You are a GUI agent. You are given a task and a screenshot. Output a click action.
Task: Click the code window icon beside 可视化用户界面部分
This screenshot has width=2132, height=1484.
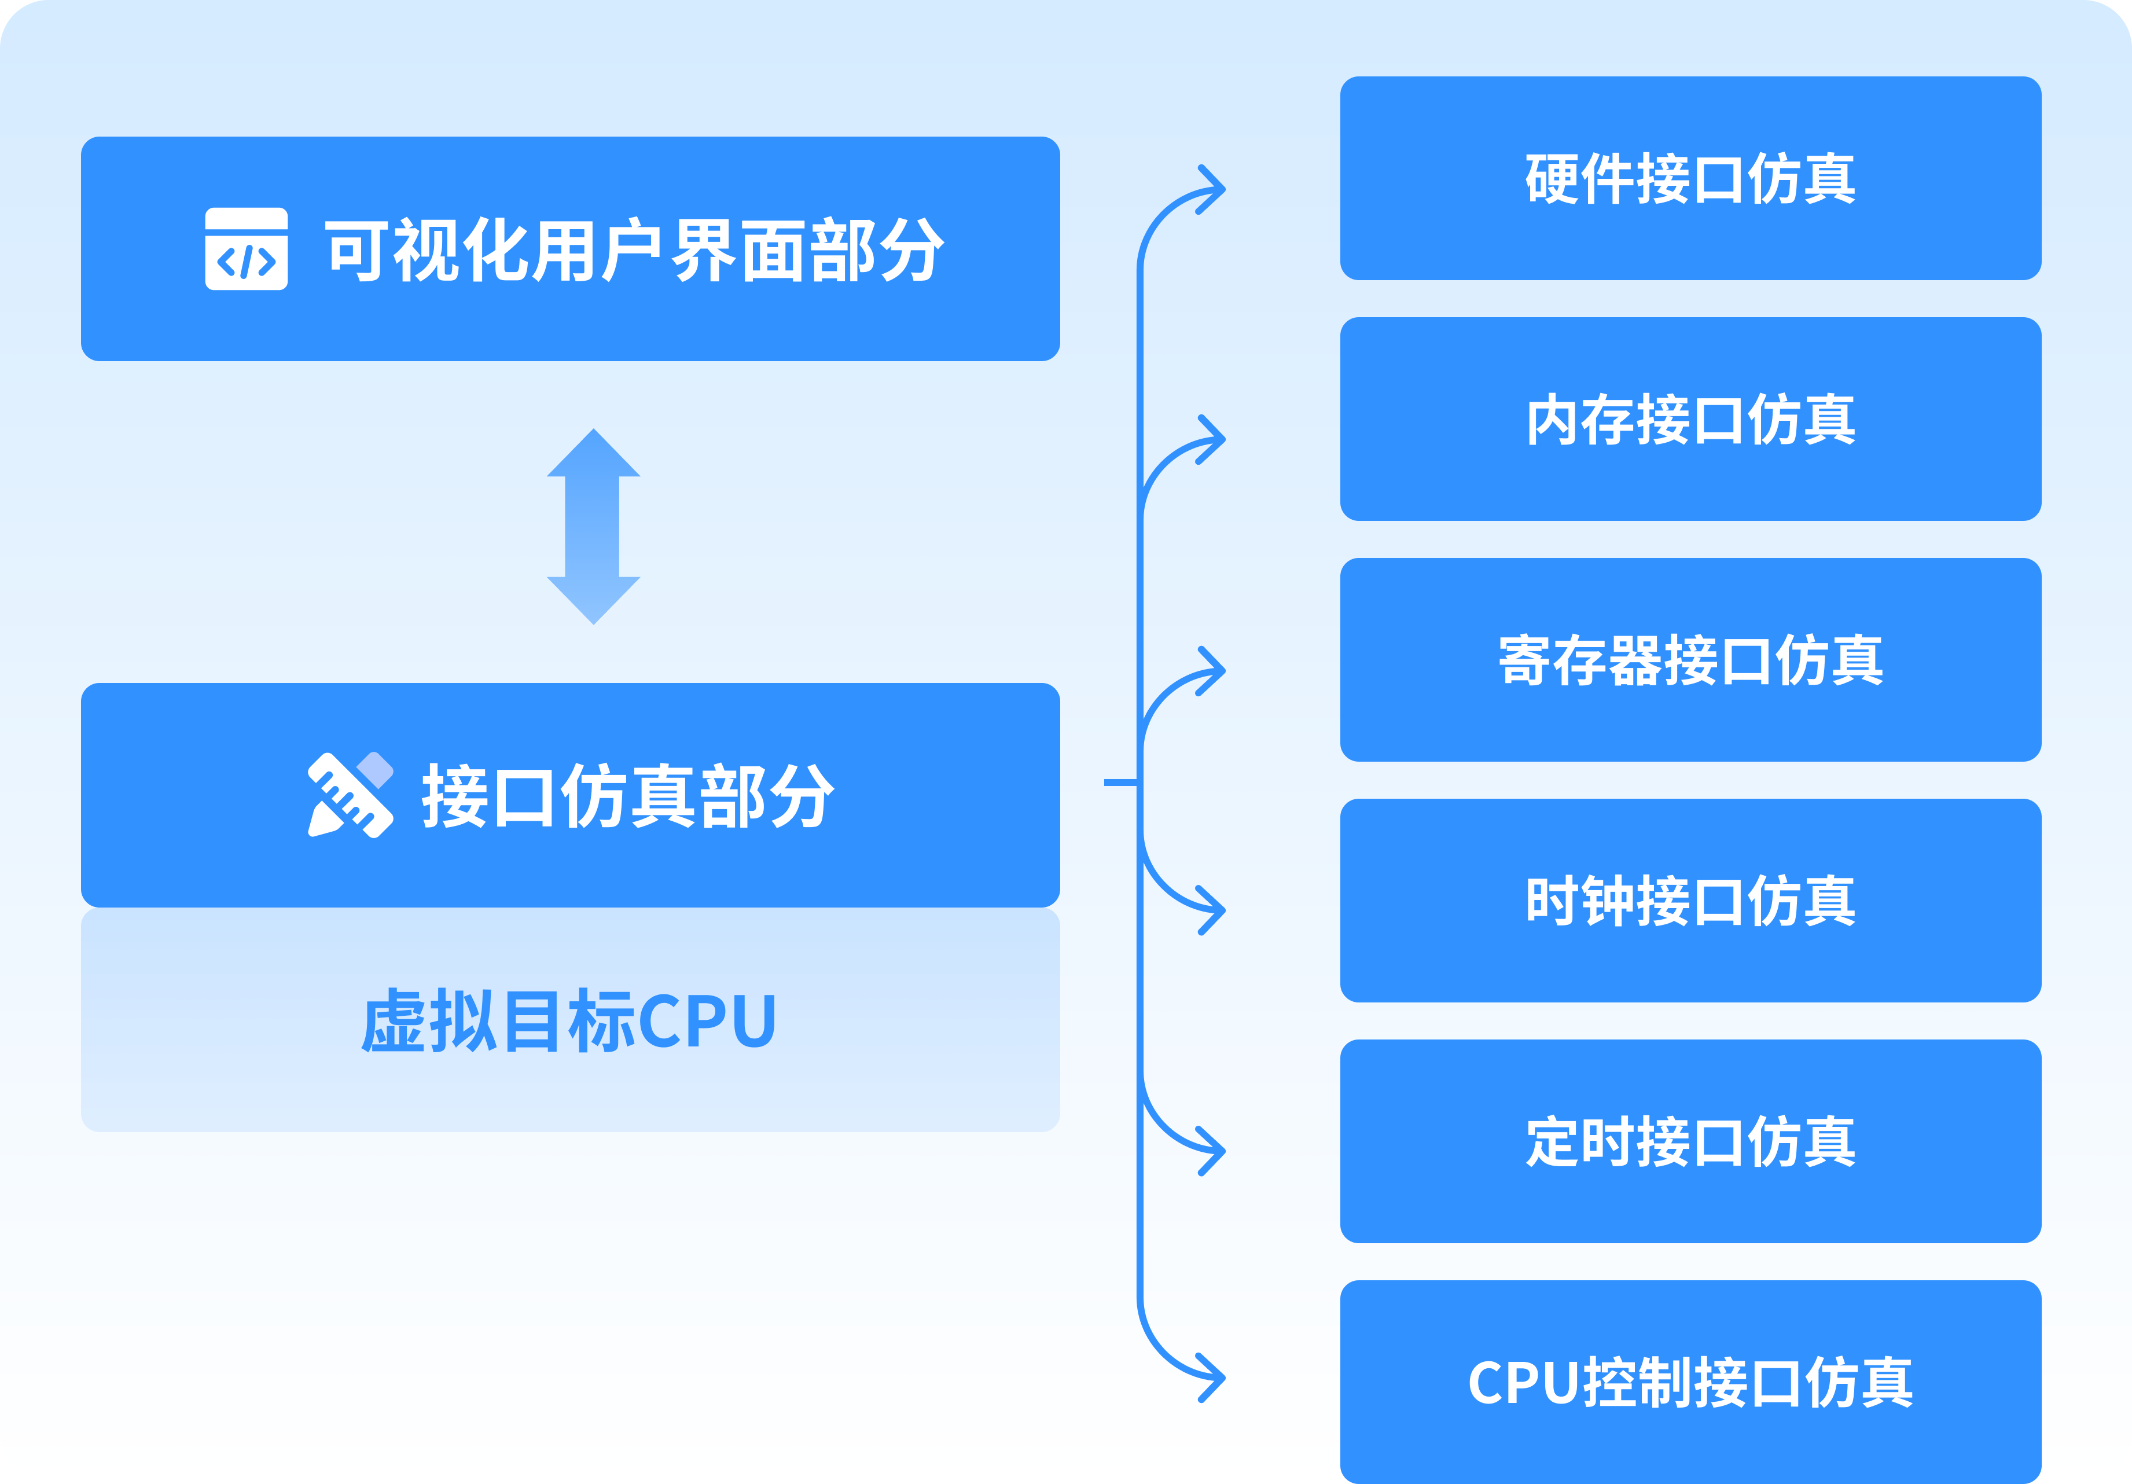[x=246, y=249]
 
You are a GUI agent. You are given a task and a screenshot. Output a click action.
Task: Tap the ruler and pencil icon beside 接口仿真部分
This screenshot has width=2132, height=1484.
[x=350, y=795]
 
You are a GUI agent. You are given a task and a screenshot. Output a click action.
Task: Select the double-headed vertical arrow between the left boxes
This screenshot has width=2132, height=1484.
[x=593, y=527]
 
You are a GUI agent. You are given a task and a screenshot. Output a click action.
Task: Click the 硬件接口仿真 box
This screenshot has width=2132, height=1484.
[x=1690, y=178]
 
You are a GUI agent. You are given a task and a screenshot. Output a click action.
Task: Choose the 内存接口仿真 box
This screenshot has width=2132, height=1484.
[x=1690, y=419]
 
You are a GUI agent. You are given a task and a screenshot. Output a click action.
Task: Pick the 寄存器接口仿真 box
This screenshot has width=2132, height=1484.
[x=1690, y=659]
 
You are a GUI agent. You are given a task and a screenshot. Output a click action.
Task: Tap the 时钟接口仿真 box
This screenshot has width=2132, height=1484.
[x=1690, y=900]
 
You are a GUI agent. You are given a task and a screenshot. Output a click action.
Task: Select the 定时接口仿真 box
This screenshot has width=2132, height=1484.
[x=1690, y=1140]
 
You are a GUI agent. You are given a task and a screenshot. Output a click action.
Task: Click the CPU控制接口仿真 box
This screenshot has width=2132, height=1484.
[x=1690, y=1381]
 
